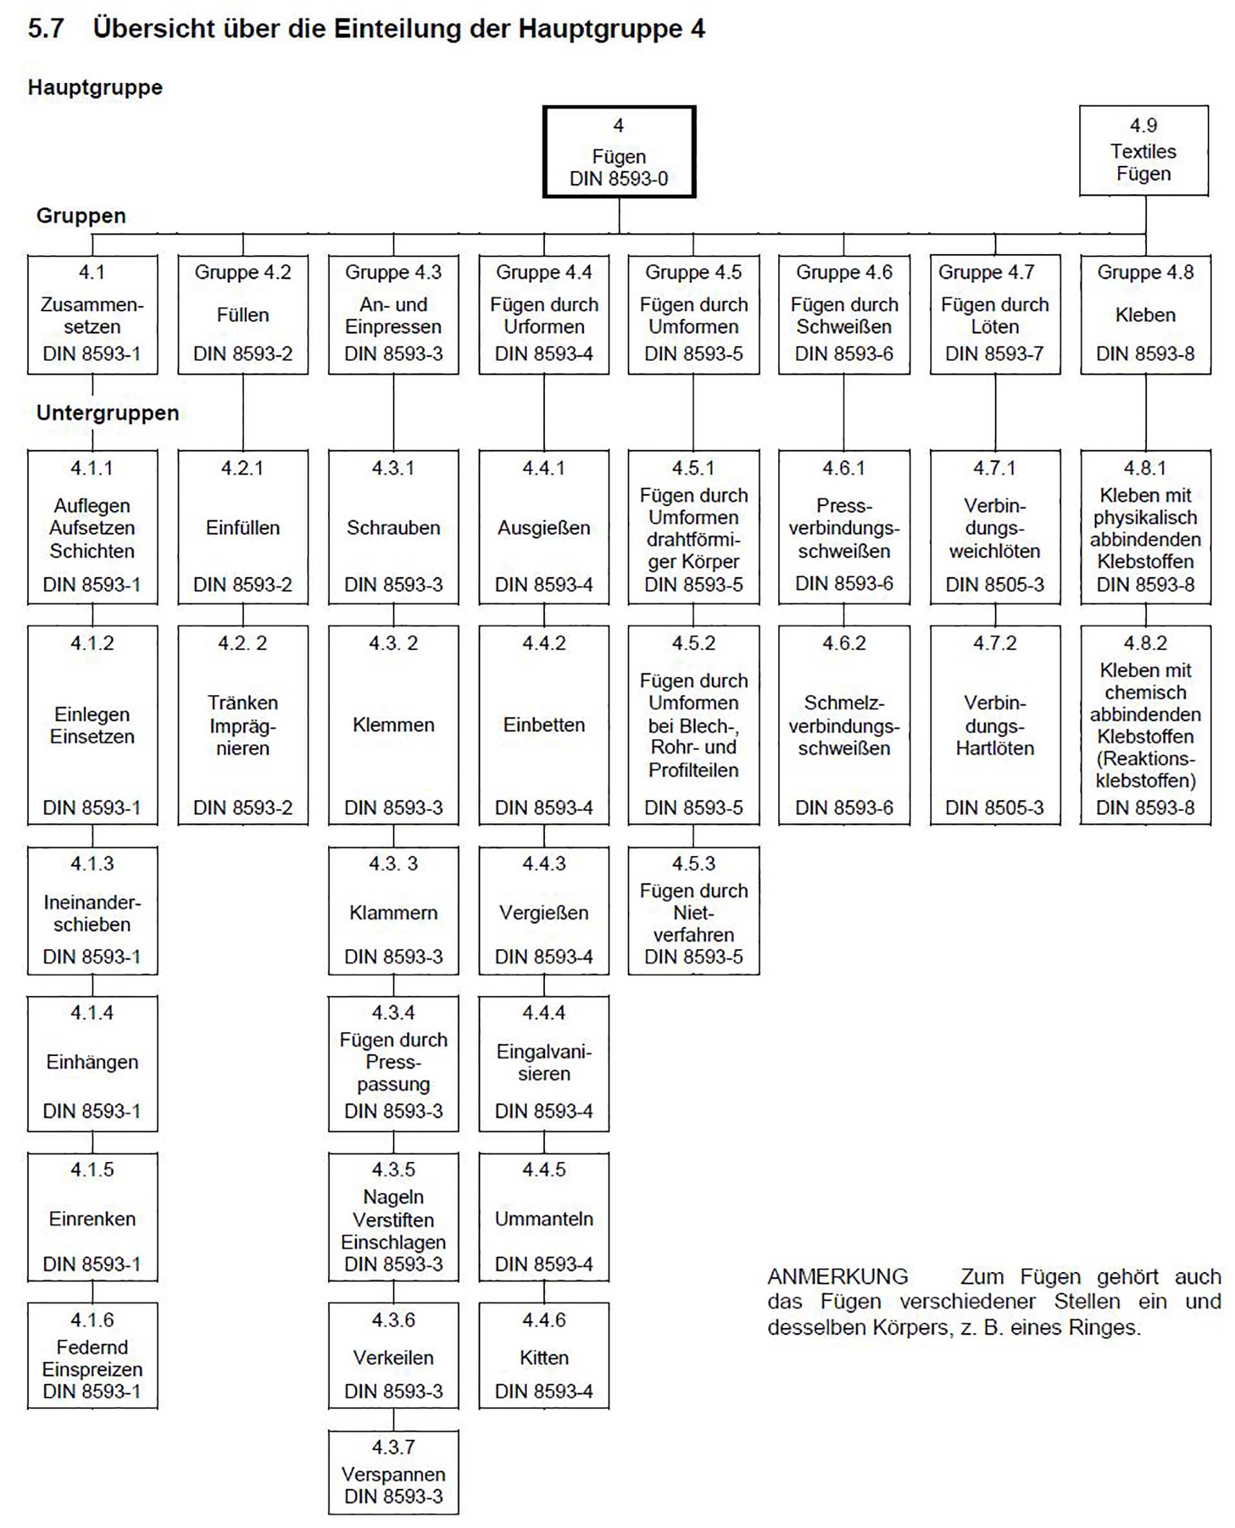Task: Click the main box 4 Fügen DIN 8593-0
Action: (619, 152)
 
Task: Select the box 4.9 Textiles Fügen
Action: (1143, 151)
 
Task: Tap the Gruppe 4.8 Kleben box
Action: (1146, 314)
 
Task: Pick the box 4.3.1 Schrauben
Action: (394, 527)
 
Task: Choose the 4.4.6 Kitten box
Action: (544, 1355)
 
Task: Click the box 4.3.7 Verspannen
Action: (394, 1472)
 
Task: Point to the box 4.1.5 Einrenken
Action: (93, 1217)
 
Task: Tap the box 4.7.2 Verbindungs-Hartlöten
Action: (994, 725)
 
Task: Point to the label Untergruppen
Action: (107, 413)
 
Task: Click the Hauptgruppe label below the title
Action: (95, 87)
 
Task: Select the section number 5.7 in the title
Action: (46, 28)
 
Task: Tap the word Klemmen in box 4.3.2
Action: (394, 725)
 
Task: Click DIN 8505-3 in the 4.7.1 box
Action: (994, 585)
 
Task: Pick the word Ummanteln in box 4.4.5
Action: (544, 1219)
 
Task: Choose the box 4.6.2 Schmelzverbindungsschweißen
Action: (844, 725)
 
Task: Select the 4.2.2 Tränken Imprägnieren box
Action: (243, 725)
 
